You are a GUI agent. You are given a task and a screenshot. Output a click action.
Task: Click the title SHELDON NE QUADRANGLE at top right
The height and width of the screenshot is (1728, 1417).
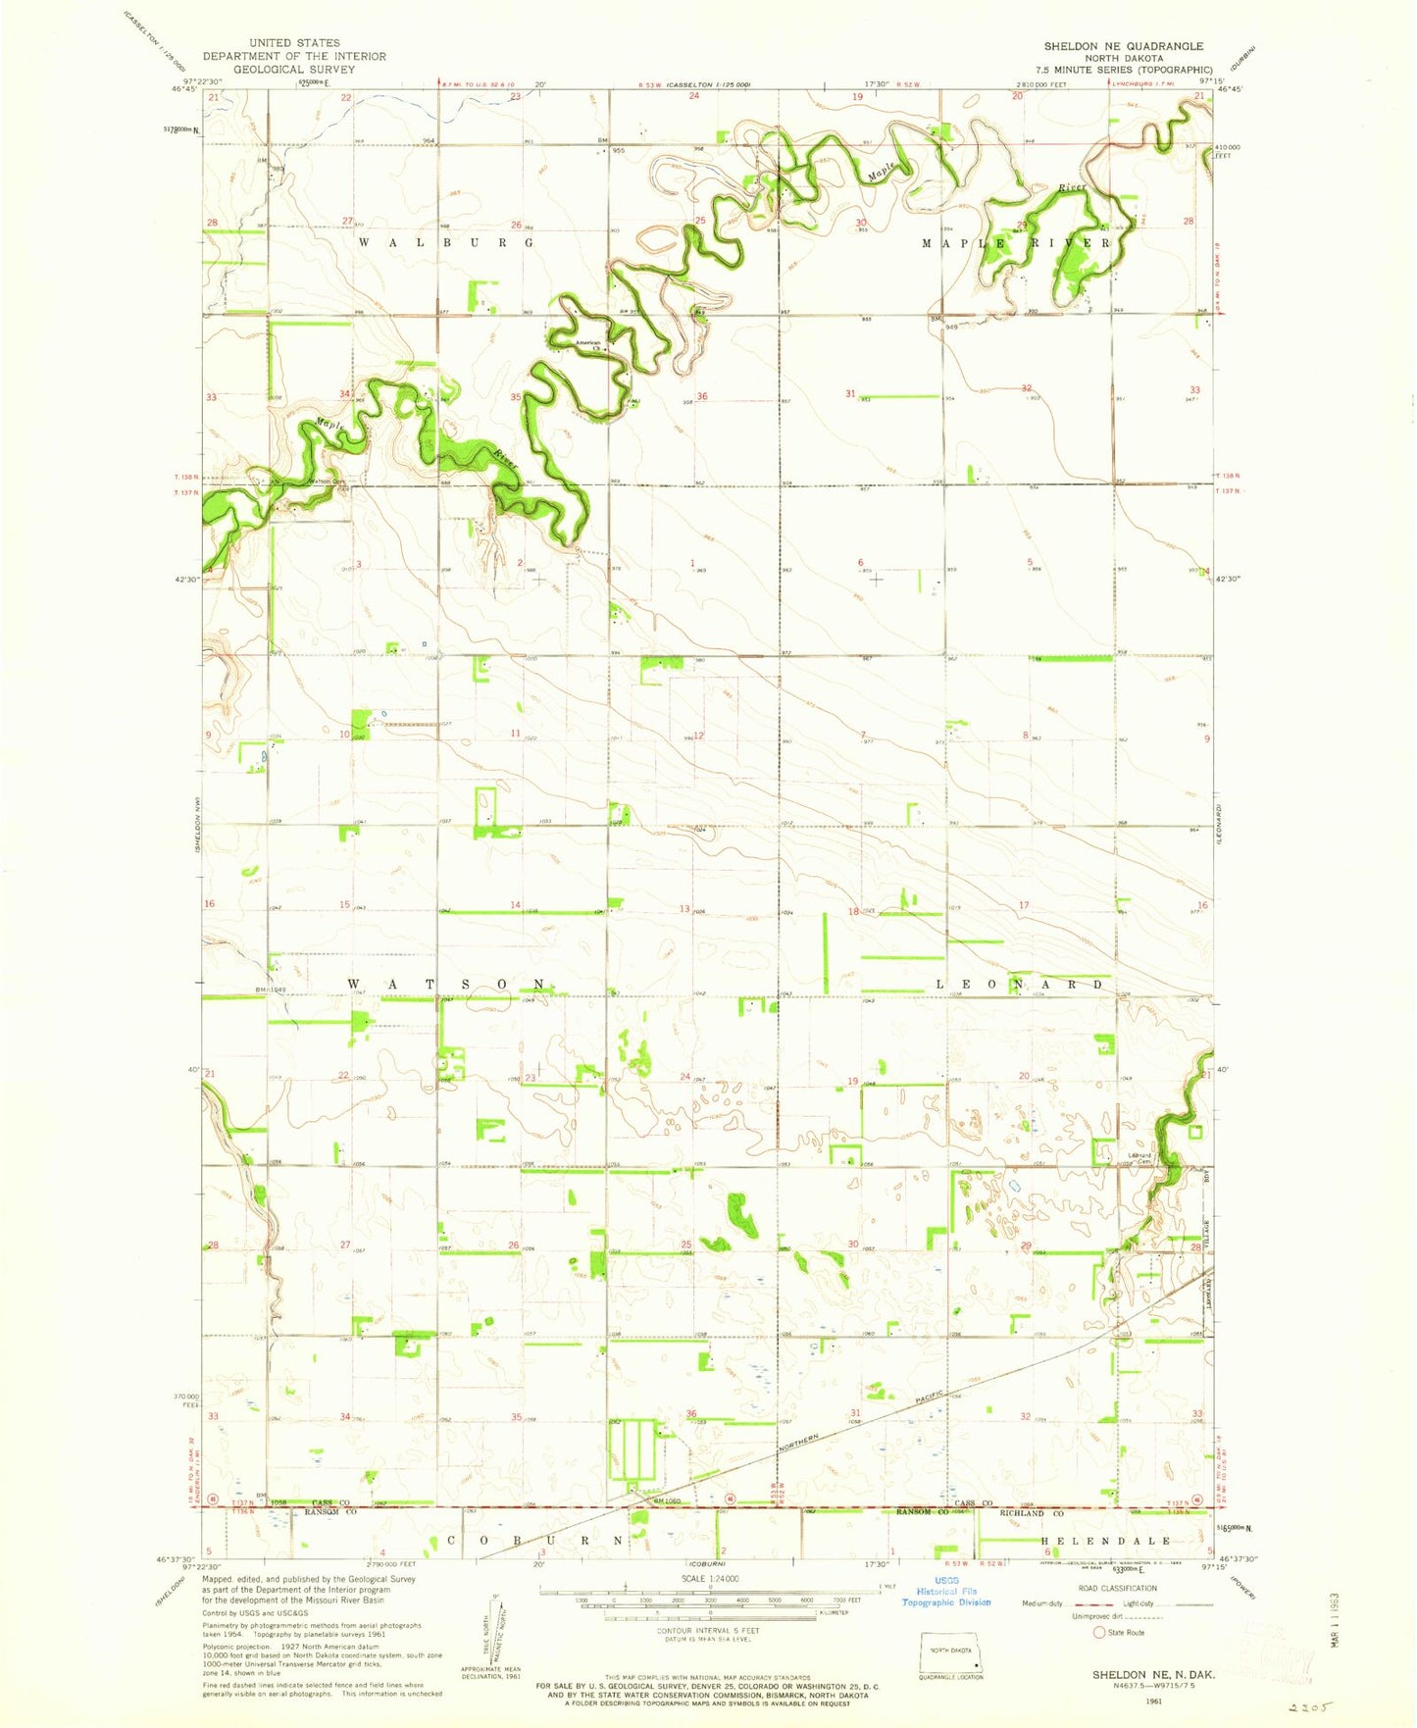click(1123, 46)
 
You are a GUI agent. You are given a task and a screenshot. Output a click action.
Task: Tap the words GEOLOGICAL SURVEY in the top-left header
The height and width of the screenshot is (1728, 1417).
click(294, 70)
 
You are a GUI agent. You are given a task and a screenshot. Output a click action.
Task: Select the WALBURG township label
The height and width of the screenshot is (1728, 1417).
click(445, 242)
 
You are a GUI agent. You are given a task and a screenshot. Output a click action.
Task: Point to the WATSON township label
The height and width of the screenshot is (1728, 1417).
click(447, 983)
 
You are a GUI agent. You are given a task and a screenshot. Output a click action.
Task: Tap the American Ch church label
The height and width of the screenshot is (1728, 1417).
click(587, 345)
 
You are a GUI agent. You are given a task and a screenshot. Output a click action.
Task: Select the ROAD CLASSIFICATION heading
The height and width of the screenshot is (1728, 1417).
click(1127, 1589)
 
